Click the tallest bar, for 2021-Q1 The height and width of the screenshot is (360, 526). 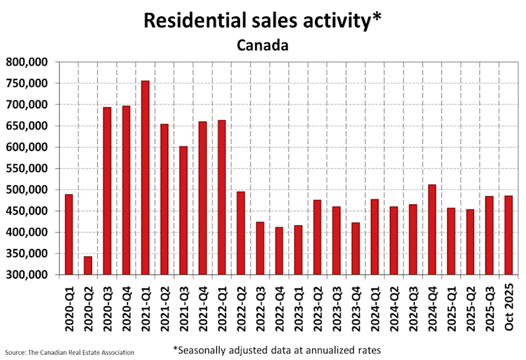click(x=145, y=177)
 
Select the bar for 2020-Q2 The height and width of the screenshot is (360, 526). click(x=88, y=265)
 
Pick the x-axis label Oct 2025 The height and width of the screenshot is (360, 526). click(x=508, y=304)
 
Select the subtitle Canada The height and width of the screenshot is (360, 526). click(x=263, y=46)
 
